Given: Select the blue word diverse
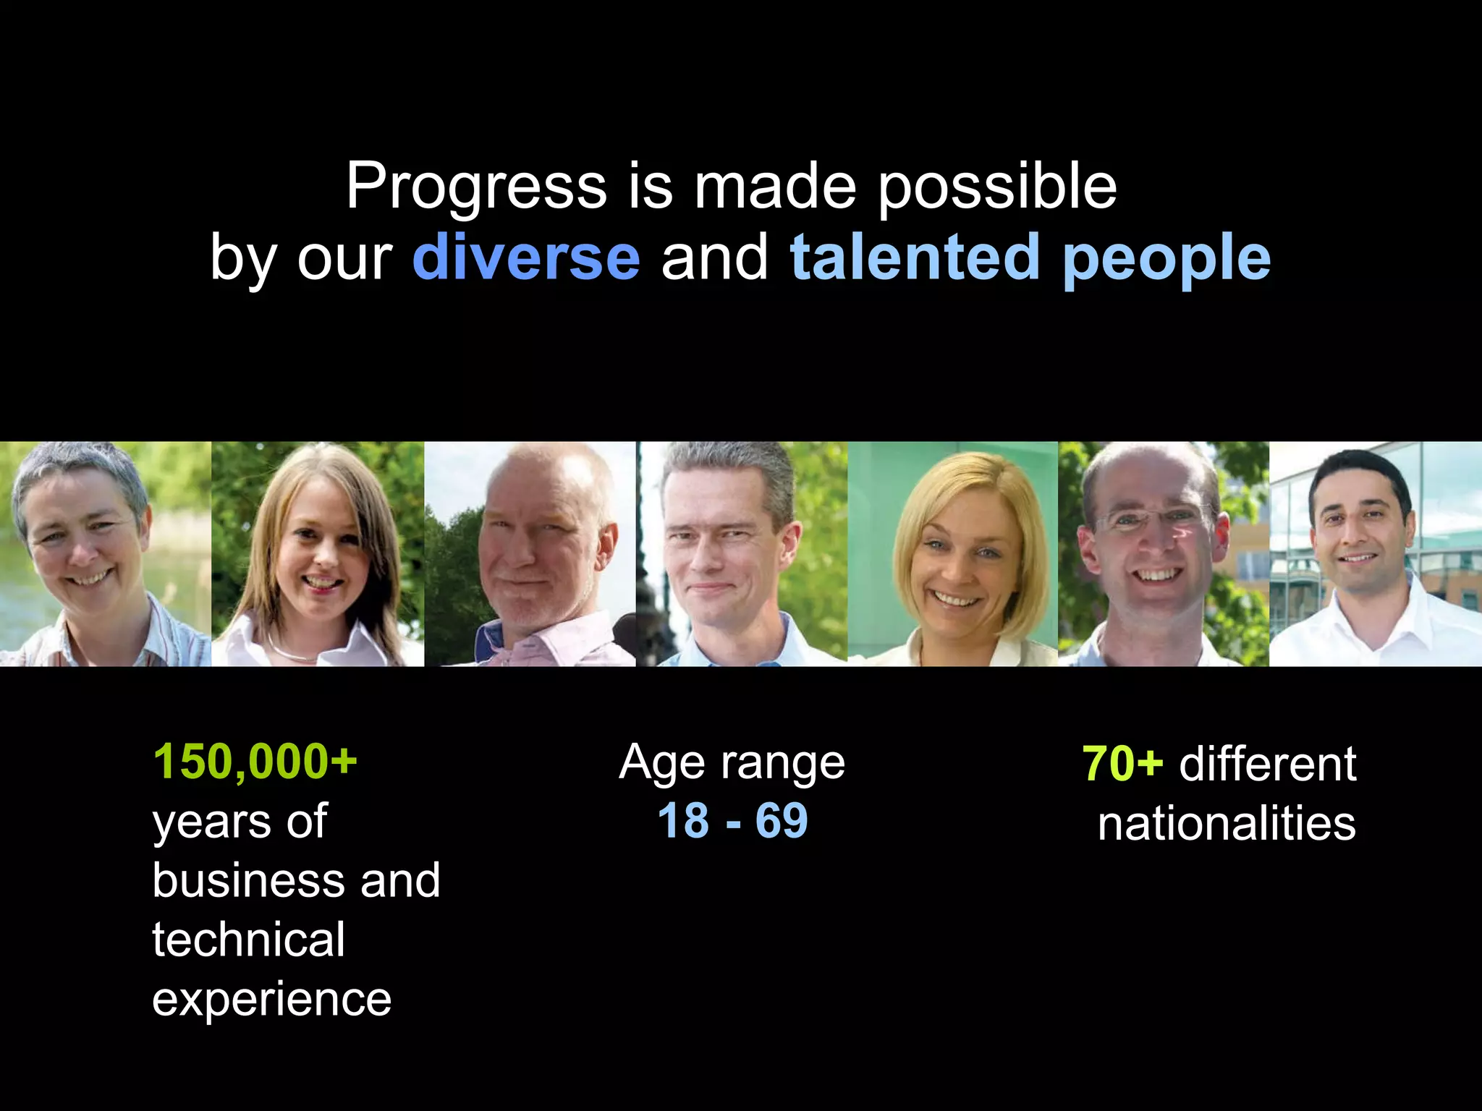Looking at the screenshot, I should pyautogui.click(x=526, y=257).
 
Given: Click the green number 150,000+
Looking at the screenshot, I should pyautogui.click(x=255, y=762).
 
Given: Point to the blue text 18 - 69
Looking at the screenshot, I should pyautogui.click(x=732, y=821).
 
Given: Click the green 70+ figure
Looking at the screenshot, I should pyautogui.click(x=1122, y=764).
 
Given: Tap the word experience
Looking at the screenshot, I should pyautogui.click(x=271, y=1000).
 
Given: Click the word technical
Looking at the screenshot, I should pyautogui.click(x=248, y=940).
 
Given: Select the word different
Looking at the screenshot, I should pyautogui.click(x=1267, y=764).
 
